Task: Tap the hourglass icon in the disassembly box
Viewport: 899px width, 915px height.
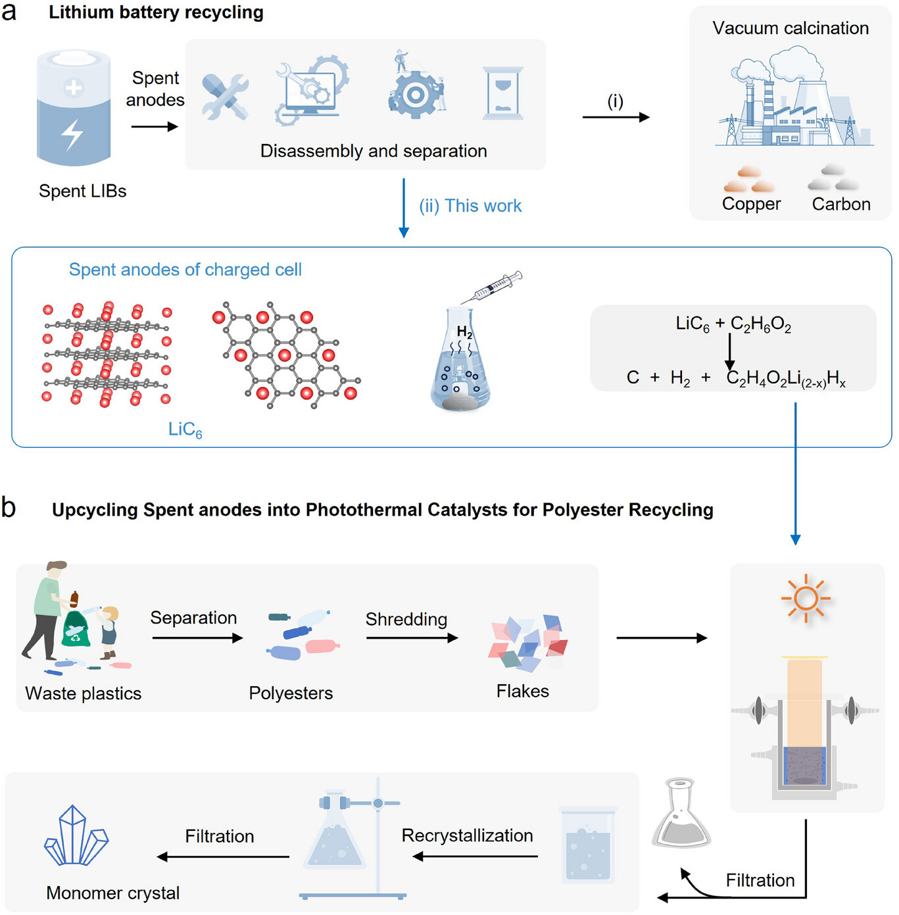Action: (503, 93)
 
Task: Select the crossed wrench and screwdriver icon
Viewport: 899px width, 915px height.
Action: (225, 97)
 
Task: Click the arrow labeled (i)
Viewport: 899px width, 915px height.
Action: (616, 117)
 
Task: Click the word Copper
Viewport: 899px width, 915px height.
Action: (751, 204)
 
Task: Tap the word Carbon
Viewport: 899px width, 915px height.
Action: (841, 204)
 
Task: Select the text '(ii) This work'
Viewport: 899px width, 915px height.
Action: (470, 206)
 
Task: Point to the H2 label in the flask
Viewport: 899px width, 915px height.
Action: (464, 332)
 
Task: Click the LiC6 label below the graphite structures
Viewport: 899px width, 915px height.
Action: (185, 430)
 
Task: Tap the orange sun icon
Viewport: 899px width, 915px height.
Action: (806, 599)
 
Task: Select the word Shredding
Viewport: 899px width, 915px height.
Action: (406, 619)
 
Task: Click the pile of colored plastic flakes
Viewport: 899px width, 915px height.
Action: (527, 643)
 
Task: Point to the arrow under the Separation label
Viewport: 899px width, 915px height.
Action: (197, 637)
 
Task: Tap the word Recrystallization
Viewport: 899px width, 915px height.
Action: (467, 835)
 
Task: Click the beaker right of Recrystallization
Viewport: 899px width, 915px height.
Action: (588, 845)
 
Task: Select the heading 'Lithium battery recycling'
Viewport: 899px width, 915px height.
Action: (156, 12)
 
